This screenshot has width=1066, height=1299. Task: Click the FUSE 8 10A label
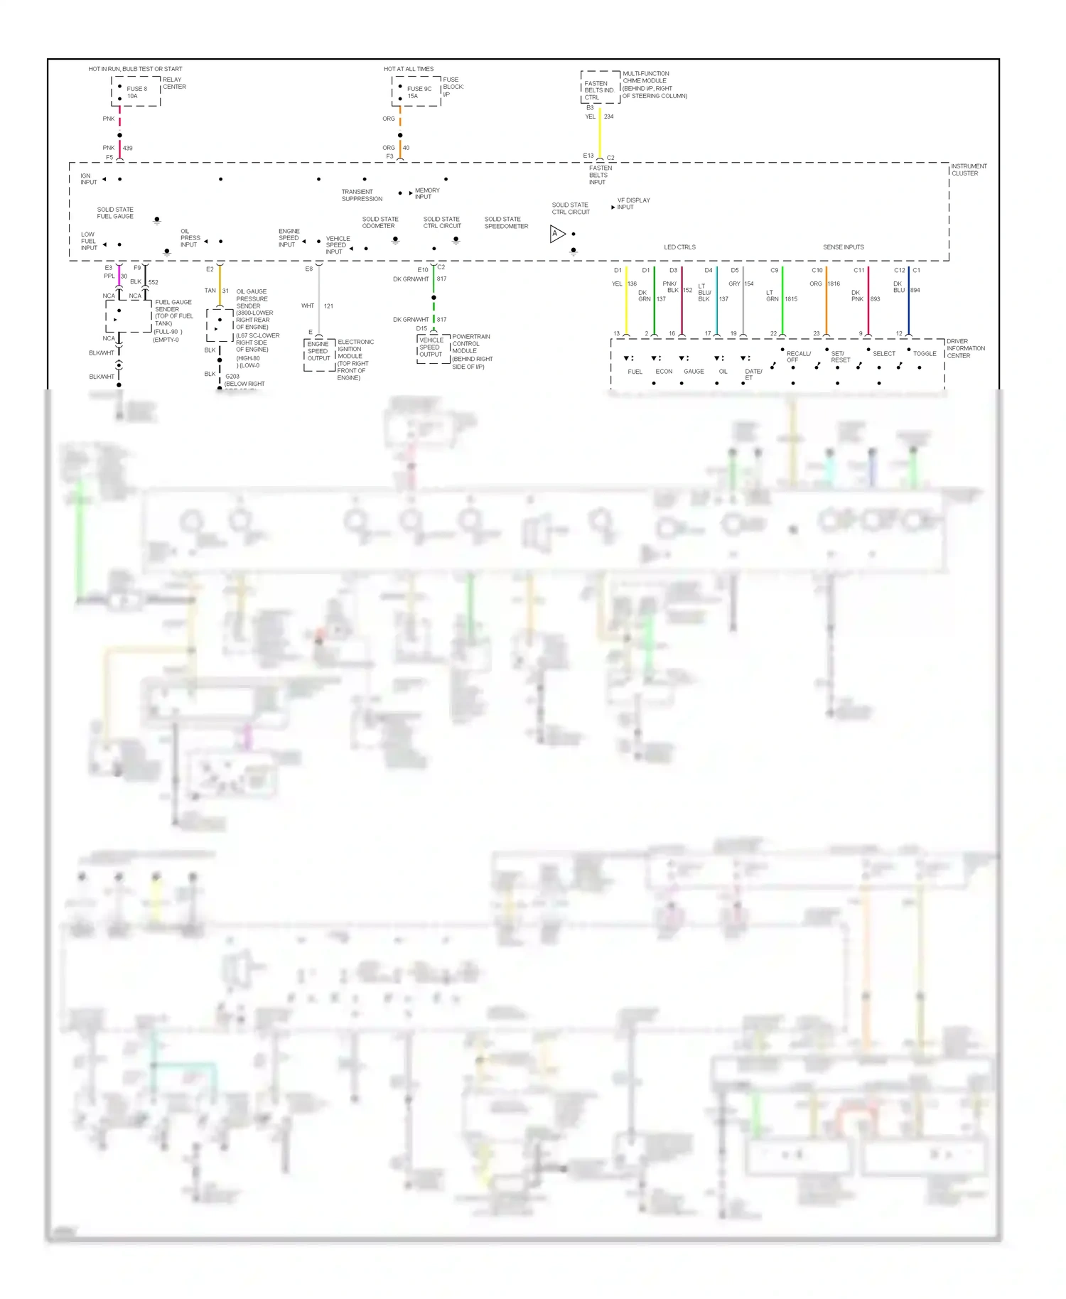[136, 92]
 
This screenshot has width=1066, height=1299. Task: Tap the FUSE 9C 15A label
[419, 92]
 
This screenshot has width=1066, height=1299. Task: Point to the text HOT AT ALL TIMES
[409, 69]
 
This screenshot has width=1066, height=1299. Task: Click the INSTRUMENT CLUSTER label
[969, 170]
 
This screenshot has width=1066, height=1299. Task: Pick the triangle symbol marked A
[557, 234]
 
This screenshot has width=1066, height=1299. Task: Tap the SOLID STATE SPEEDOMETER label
[506, 222]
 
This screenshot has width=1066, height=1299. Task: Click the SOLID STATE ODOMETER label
[380, 222]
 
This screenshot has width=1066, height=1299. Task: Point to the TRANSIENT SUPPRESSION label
[362, 195]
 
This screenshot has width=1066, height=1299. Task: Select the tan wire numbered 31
[220, 284]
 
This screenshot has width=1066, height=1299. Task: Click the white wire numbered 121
[319, 298]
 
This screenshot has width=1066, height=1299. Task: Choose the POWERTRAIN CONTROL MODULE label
[470, 344]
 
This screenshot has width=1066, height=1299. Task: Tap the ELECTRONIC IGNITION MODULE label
[355, 349]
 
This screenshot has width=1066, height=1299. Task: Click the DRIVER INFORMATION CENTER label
[965, 348]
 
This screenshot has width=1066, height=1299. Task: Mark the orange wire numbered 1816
[826, 298]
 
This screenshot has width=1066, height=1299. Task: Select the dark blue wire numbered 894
[908, 298]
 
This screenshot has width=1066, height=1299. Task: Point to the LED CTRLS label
[679, 247]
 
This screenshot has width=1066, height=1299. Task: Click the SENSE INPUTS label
[844, 247]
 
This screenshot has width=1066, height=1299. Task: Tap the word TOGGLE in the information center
[925, 353]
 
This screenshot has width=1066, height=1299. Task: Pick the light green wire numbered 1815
[782, 298]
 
